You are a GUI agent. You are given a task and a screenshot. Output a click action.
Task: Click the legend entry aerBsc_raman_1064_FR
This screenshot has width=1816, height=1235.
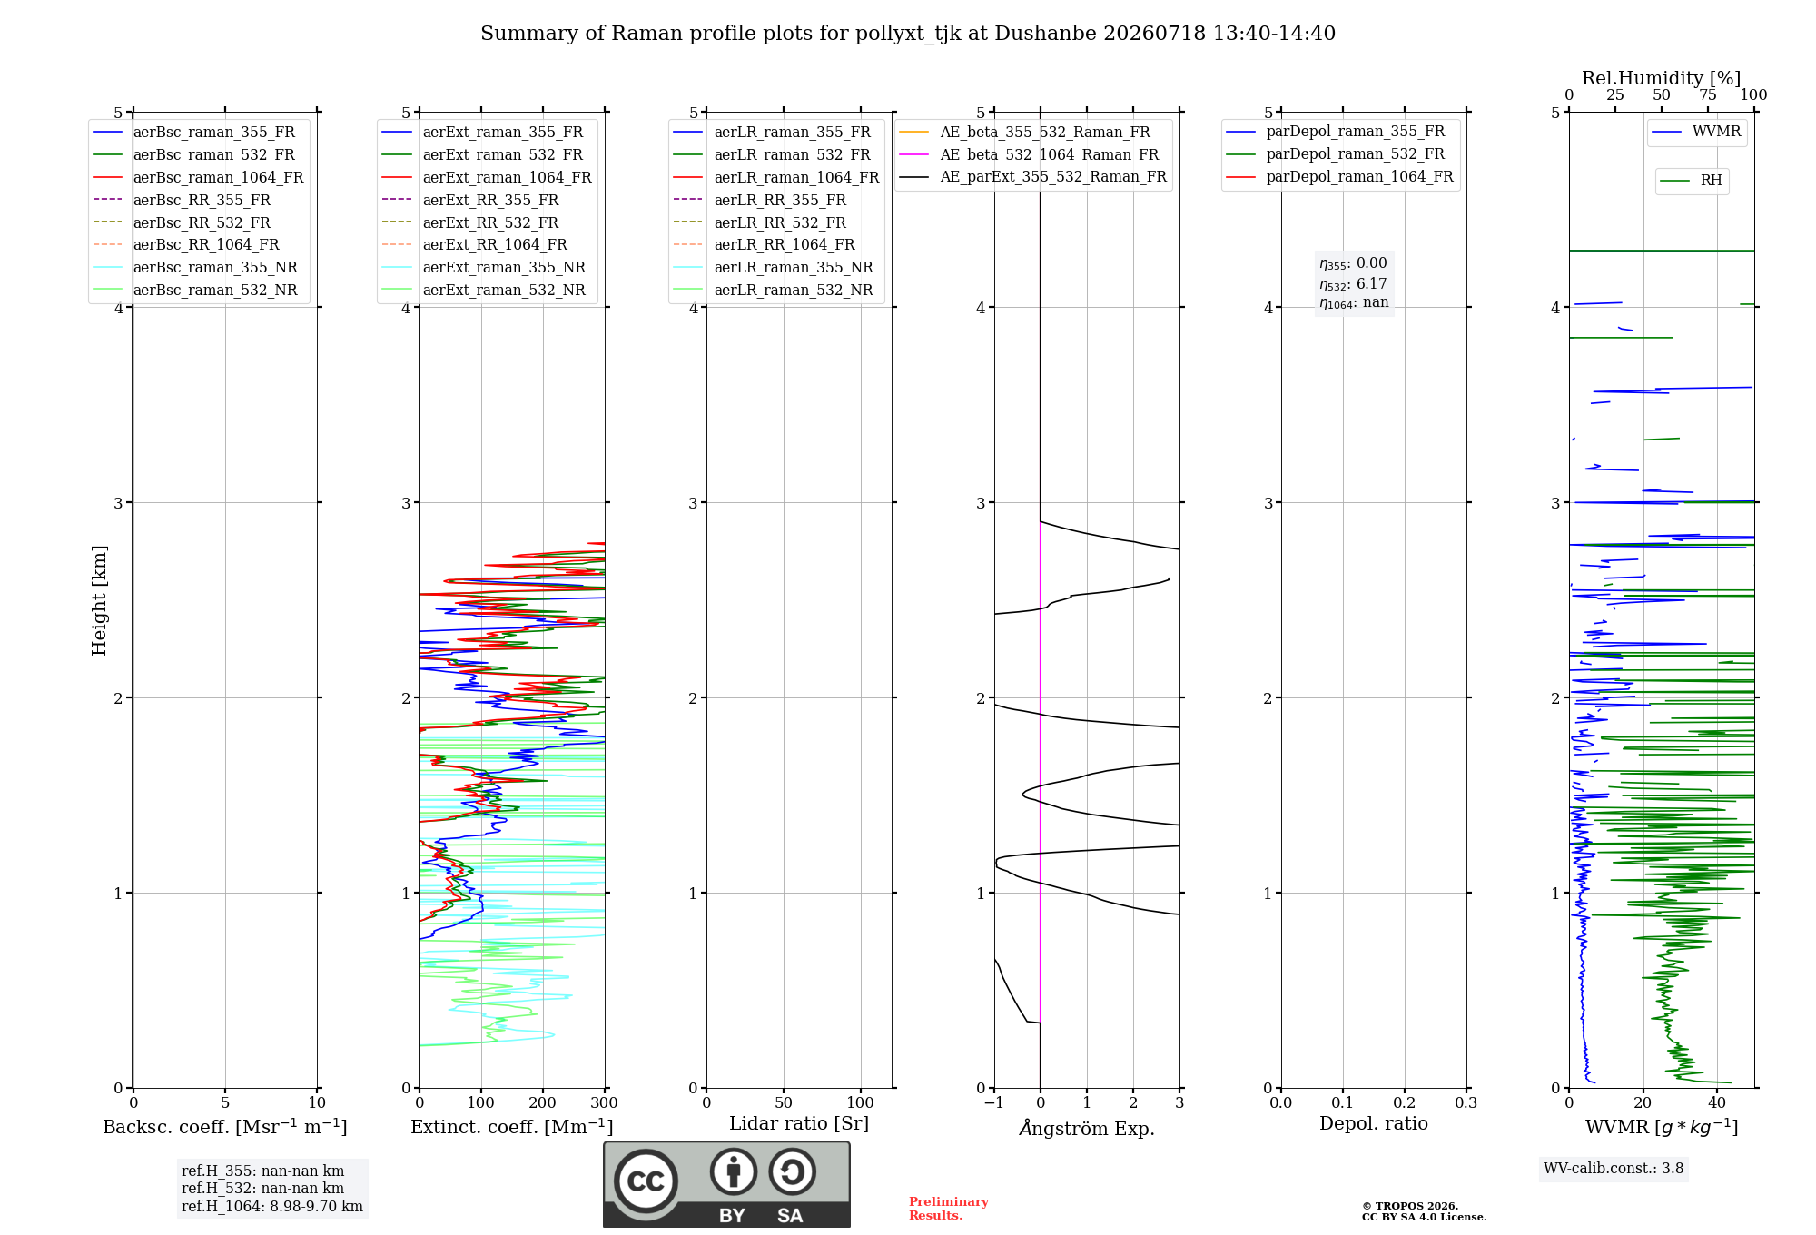(198, 177)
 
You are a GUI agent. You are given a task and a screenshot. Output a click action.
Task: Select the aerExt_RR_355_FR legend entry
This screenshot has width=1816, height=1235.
(469, 200)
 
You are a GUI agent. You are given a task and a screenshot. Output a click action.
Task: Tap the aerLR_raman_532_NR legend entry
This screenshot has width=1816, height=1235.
(773, 290)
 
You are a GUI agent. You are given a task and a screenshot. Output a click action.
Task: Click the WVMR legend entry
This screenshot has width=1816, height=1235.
(1696, 132)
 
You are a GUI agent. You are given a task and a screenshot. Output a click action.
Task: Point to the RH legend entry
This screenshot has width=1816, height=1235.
(1692, 181)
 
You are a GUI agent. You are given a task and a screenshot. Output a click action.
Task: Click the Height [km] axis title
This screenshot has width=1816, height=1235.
(99, 600)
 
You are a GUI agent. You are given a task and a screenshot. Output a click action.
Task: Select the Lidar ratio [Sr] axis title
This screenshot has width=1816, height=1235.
(799, 1123)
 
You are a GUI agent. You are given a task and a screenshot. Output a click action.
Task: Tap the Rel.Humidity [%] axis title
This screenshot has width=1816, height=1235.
(1662, 78)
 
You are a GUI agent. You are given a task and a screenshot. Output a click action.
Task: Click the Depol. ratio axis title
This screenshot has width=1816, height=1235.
(1374, 1123)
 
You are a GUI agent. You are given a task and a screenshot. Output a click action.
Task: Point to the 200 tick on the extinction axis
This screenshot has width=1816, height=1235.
(543, 1102)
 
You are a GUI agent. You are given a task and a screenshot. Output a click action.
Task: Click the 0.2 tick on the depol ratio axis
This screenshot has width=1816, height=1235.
(1405, 1102)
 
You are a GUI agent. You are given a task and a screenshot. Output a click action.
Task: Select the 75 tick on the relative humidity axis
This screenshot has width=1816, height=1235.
(1708, 94)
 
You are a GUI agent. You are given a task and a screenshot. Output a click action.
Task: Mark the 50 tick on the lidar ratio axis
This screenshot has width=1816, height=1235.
(784, 1102)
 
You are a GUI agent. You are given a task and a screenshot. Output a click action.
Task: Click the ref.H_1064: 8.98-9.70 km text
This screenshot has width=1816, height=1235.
(272, 1206)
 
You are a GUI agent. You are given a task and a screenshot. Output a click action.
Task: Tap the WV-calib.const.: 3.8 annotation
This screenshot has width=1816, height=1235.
(1614, 1168)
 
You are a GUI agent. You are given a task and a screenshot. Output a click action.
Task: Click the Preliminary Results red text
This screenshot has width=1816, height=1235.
(949, 1209)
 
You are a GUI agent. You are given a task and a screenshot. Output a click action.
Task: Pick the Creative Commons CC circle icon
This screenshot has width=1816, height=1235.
(646, 1181)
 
